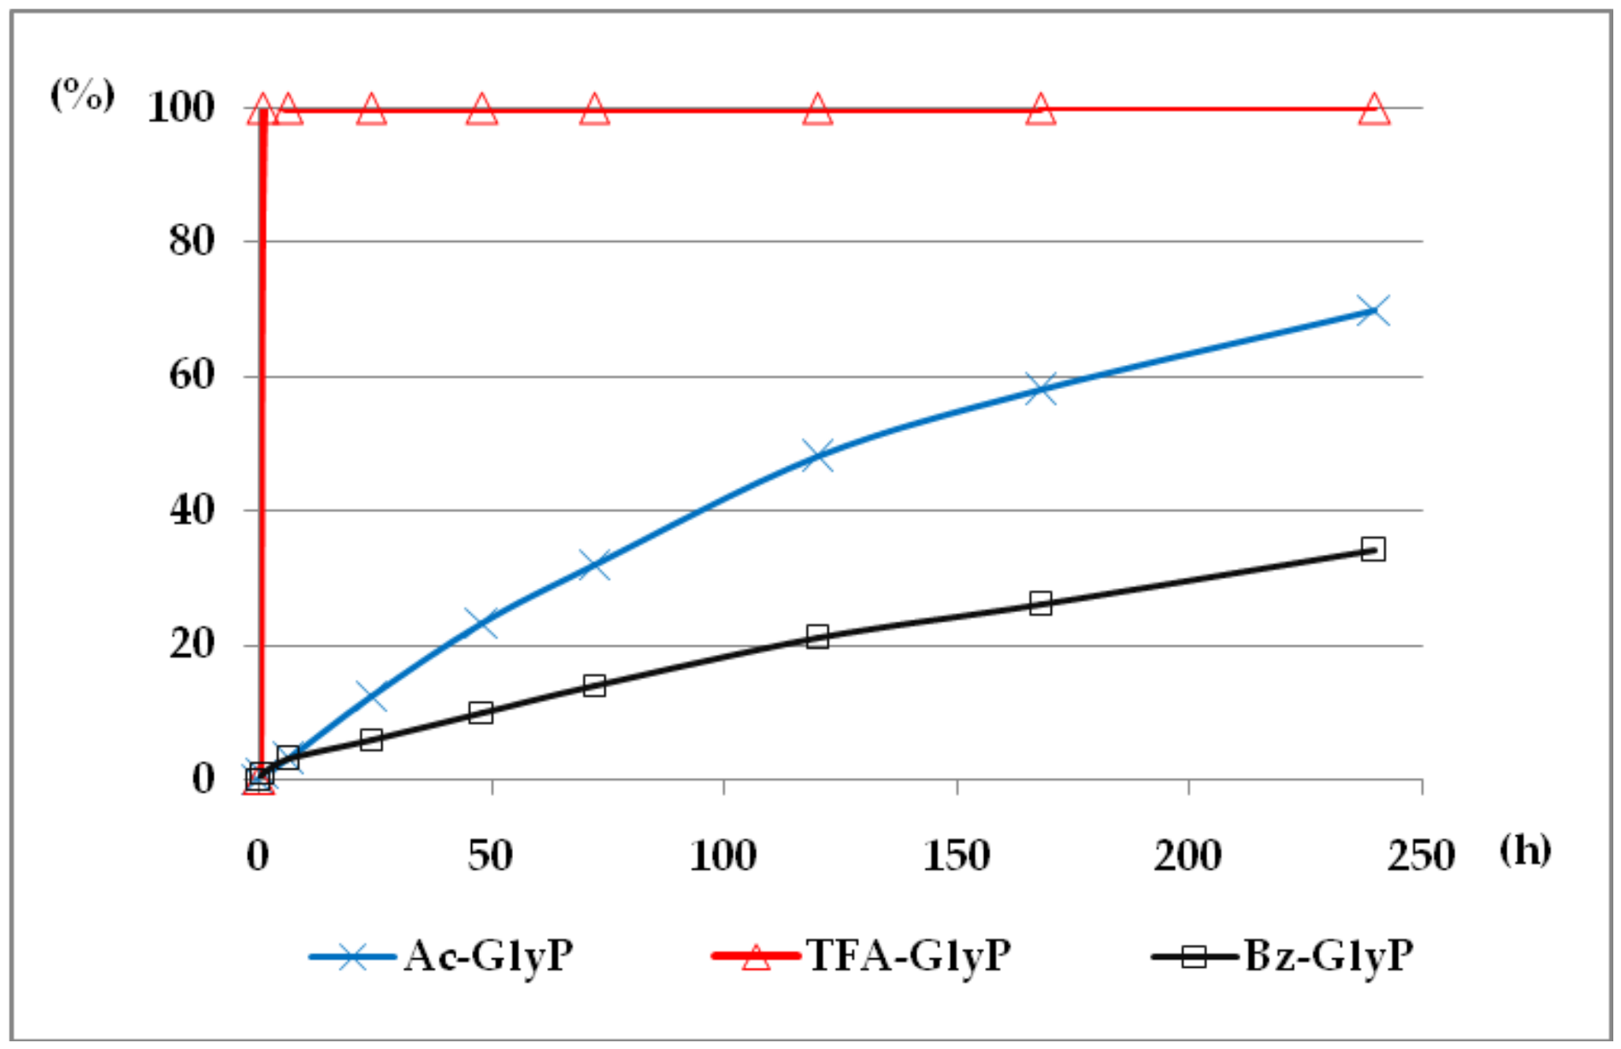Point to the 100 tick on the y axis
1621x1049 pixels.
[x=181, y=108]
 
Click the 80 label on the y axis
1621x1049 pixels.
[x=192, y=241]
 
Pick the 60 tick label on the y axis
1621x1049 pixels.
[x=192, y=375]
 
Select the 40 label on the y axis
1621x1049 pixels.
[x=192, y=510]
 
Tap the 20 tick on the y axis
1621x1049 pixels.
[x=192, y=645]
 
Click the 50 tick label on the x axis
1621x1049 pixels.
[x=491, y=856]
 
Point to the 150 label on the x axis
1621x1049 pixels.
[x=957, y=856]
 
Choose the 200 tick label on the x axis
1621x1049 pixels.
[x=1188, y=856]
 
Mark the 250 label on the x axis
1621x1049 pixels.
[x=1421, y=856]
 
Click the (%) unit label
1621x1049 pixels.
[x=83, y=94]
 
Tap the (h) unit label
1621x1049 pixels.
[x=1526, y=851]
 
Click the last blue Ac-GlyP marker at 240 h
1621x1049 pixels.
[x=1373, y=310]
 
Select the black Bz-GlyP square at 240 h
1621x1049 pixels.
[x=1373, y=549]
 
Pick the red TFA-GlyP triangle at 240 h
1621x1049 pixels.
[x=1374, y=110]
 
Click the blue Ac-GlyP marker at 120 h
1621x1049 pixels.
[x=817, y=455]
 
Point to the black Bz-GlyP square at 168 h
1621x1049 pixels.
[x=1040, y=604]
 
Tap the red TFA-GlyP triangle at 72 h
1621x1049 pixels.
[x=595, y=110]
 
